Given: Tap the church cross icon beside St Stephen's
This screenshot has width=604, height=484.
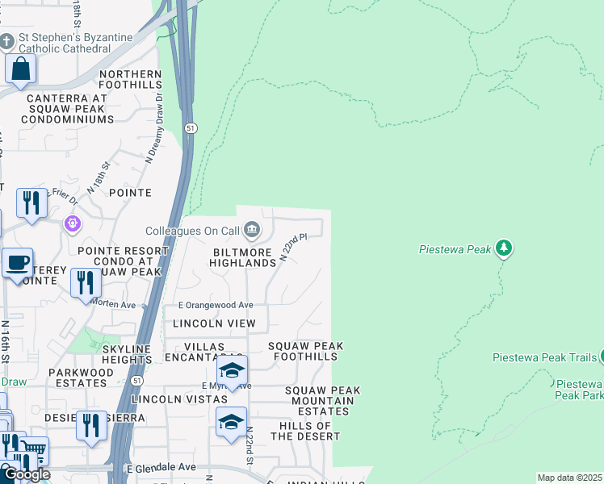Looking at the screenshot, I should tap(7, 40).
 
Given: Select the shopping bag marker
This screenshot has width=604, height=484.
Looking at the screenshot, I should tap(20, 69).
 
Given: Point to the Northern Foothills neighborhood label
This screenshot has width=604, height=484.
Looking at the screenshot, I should tap(131, 79).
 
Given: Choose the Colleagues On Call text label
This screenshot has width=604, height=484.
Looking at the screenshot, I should tap(193, 231).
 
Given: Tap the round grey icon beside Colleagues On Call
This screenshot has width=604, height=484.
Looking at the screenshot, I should tap(251, 231).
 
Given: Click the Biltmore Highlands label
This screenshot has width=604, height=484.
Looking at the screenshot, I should tap(243, 257).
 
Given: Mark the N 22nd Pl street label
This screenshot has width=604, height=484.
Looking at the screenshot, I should tap(295, 248).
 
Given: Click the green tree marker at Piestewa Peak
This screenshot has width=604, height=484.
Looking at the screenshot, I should tap(505, 248).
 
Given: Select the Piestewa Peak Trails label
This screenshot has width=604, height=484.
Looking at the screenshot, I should tap(544, 357).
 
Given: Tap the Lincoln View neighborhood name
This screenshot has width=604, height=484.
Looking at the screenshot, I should tap(214, 323).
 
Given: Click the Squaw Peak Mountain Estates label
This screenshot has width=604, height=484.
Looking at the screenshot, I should tap(322, 401).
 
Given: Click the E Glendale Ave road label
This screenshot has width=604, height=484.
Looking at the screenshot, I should tap(161, 467).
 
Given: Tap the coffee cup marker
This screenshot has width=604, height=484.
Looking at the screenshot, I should tap(17, 263).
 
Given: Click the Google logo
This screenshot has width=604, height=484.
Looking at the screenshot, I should tap(26, 474).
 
